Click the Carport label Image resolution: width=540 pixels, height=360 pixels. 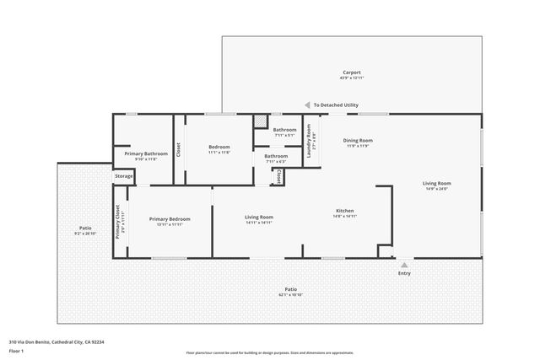(x=351, y=73)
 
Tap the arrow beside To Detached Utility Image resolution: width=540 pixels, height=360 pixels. (x=307, y=105)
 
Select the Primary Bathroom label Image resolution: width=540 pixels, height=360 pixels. (x=146, y=153)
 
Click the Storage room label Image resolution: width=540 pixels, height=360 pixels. (x=124, y=176)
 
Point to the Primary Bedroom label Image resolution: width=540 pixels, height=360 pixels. (x=169, y=219)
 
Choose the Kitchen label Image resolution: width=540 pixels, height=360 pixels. (x=344, y=211)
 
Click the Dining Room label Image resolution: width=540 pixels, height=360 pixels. (x=358, y=141)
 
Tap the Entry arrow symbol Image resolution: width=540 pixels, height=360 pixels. (x=404, y=265)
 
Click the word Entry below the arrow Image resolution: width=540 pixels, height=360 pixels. (x=404, y=273)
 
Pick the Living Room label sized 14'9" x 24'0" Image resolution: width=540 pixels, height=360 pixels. (x=436, y=184)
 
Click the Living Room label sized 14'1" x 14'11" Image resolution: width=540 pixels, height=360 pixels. (x=259, y=218)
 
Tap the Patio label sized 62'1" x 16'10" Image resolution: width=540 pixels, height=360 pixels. (x=290, y=290)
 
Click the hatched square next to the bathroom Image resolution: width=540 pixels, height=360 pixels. (x=261, y=121)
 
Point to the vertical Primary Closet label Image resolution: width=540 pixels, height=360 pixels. (x=118, y=223)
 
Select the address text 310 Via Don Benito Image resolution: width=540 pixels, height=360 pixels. (x=56, y=342)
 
